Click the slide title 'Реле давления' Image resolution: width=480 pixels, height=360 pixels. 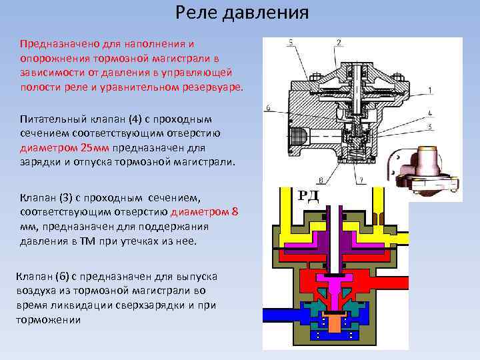242,13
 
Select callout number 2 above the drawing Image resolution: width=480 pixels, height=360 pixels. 339,43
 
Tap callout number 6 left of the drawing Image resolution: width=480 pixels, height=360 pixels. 267,107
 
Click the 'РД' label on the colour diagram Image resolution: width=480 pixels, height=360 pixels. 309,195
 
